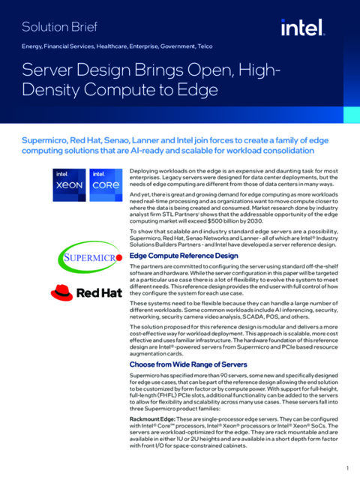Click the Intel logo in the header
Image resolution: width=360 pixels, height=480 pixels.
tap(302, 28)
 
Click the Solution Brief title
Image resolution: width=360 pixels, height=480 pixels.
tap(61, 28)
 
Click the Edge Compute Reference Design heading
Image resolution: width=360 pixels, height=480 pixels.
tap(183, 256)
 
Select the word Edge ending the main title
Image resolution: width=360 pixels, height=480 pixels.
tap(199, 92)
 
